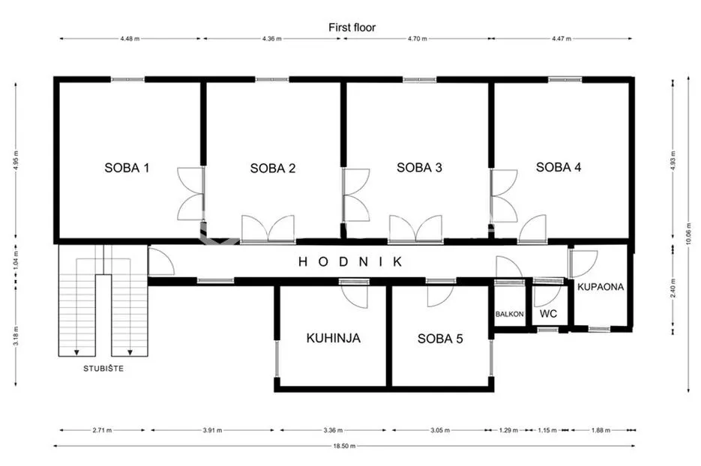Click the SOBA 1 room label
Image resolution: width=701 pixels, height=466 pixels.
[x=127, y=168]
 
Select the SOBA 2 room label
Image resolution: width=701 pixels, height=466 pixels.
[x=273, y=169]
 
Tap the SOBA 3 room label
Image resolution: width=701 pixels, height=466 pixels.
[x=419, y=168]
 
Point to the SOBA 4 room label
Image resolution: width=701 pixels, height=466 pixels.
[x=559, y=167]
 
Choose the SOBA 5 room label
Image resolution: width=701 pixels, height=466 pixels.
[x=440, y=339]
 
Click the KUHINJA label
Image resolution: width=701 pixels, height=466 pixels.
[x=334, y=338]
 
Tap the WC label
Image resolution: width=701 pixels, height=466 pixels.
[x=548, y=314]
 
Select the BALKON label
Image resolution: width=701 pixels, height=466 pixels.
[x=509, y=314]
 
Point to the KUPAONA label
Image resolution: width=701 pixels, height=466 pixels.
[x=601, y=287]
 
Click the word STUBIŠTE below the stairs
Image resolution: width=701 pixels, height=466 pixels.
[x=103, y=369]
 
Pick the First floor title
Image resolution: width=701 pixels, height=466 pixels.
[x=352, y=27]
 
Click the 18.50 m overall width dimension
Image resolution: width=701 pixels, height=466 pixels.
[x=344, y=446]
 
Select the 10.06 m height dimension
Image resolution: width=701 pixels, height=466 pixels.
[x=688, y=234]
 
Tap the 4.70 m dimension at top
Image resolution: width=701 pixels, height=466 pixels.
[x=417, y=39]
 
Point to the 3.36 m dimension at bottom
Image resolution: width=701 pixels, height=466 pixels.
[x=333, y=430]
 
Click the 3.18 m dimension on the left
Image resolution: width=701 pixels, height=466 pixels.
[x=16, y=336]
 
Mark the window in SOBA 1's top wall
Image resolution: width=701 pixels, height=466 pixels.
[x=128, y=79]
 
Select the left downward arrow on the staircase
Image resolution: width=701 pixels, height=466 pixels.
[x=76, y=353]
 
